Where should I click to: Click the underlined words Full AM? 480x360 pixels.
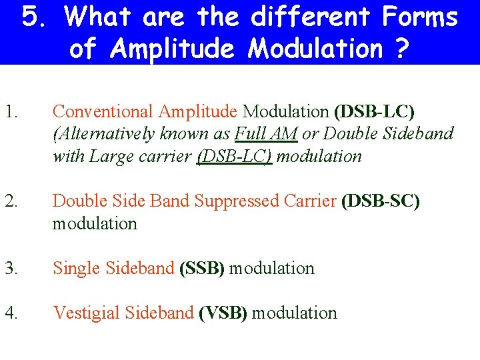click(266, 133)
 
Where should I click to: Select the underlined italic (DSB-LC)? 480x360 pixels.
click(234, 157)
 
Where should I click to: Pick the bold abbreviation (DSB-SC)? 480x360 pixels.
click(380, 201)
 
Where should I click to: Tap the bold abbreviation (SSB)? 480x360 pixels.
click(203, 269)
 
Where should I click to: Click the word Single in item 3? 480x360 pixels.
click(74, 269)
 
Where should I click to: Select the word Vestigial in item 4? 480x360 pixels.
click(83, 313)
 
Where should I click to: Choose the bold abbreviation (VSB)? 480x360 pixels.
click(223, 313)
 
